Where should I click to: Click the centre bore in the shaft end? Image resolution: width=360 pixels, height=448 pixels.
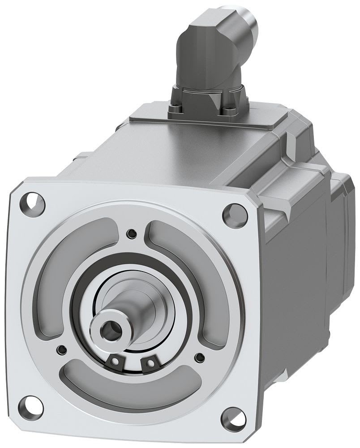click(108, 332)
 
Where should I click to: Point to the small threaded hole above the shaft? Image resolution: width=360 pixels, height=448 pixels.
click(131, 233)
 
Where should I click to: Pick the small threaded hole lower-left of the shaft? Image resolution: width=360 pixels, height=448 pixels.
click(61, 349)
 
